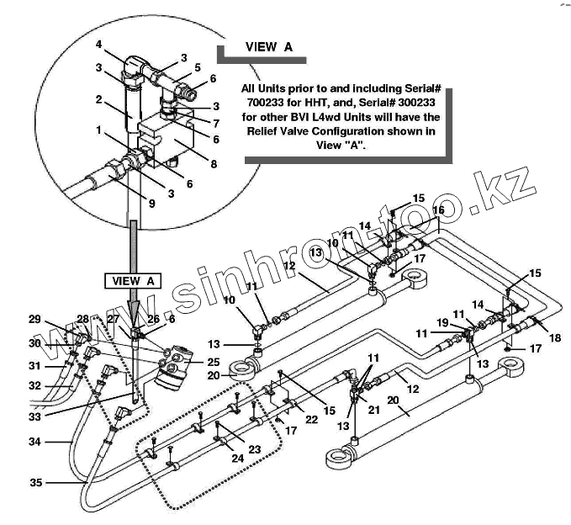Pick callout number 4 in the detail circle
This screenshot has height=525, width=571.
point(98,44)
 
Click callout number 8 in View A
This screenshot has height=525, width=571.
point(214,164)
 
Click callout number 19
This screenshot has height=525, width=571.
point(442,322)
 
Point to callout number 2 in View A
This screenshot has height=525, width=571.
point(98,98)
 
